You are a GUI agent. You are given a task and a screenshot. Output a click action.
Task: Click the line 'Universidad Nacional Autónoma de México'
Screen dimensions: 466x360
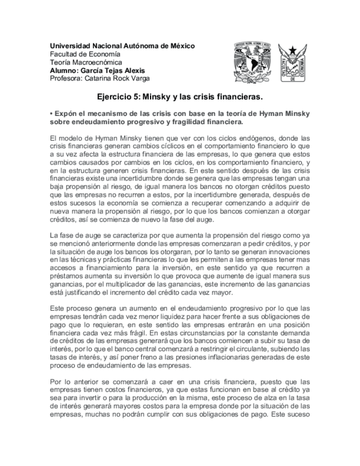coord(122,46)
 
